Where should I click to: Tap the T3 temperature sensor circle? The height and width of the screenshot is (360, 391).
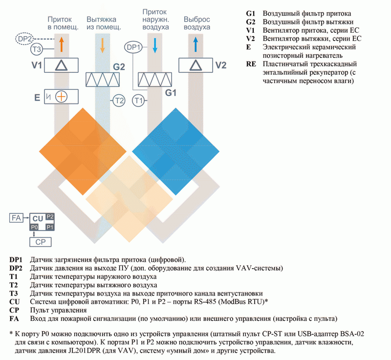pyautogui.click(x=37, y=49)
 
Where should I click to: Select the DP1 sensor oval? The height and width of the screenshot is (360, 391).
pyautogui.click(x=133, y=47)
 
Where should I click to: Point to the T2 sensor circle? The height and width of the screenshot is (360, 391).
pyautogui.click(x=119, y=101)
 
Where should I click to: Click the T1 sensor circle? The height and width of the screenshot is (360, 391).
pyautogui.click(x=138, y=101)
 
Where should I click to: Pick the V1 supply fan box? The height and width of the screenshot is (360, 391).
pyautogui.click(x=62, y=65)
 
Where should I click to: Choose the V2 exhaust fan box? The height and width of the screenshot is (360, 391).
pyautogui.click(x=196, y=65)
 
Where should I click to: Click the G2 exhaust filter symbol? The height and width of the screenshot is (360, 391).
pyautogui.click(x=103, y=80)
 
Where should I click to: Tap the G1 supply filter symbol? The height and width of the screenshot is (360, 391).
pyautogui.click(x=155, y=80)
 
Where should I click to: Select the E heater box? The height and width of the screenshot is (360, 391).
pyautogui.click(x=62, y=97)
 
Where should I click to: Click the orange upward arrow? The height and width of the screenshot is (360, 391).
pyautogui.click(x=62, y=44)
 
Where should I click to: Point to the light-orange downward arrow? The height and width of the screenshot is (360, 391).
pyautogui.click(x=102, y=45)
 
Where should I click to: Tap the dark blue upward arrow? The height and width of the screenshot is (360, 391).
pyautogui.click(x=196, y=44)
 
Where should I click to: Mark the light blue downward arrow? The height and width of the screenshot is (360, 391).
pyautogui.click(x=155, y=45)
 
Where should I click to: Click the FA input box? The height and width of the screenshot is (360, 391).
pyautogui.click(x=16, y=218)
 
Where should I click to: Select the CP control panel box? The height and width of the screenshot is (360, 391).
pyautogui.click(x=41, y=242)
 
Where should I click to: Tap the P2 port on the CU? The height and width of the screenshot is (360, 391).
pyautogui.click(x=50, y=216)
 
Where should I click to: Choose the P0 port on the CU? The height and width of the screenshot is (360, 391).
pyautogui.click(x=34, y=227)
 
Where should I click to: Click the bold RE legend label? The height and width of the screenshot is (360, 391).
pyautogui.click(x=251, y=64)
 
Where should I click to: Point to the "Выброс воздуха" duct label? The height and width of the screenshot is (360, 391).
pyautogui.click(x=197, y=23)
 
